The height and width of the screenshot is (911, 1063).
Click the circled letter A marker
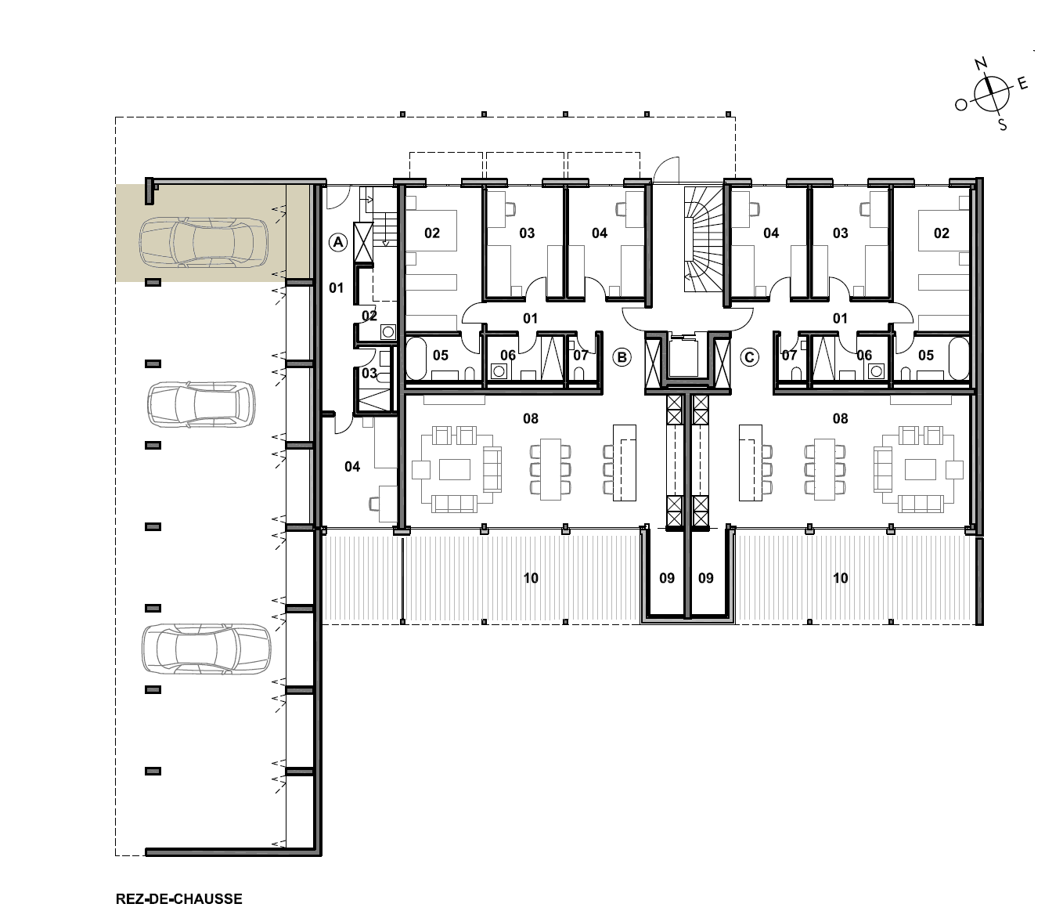point(338,242)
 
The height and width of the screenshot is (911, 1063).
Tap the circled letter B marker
point(622,357)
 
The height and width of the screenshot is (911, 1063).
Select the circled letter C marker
point(749,357)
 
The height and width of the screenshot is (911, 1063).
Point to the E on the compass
point(1022,84)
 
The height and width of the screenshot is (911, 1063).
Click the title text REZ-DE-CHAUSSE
point(179,898)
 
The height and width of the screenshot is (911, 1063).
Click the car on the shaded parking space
point(204,242)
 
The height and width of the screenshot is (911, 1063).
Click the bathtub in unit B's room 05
point(416,358)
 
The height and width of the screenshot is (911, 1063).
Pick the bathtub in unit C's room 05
point(959,358)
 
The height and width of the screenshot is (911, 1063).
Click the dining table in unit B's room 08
point(550,469)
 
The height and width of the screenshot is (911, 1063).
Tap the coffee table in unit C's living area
point(921,469)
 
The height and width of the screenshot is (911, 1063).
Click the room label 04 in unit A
point(352,467)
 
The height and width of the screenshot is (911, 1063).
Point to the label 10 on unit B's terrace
point(531,578)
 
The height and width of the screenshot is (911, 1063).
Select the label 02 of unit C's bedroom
point(942,233)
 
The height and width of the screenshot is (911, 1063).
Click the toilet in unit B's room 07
point(579,373)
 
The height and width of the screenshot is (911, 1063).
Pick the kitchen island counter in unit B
point(625,462)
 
